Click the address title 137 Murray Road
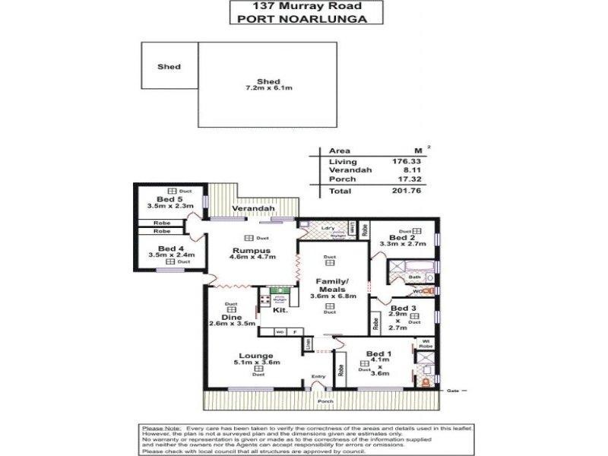(x=303, y=6)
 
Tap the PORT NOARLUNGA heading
(x=303, y=20)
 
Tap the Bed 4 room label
(x=161, y=248)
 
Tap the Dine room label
(x=232, y=317)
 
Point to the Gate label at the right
(x=454, y=390)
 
